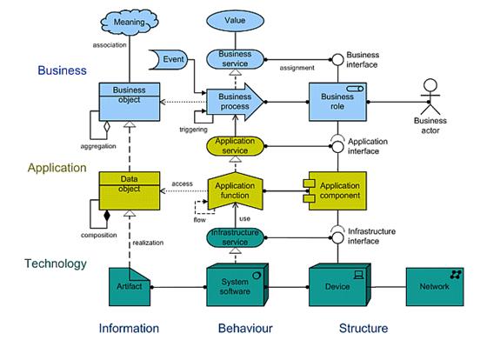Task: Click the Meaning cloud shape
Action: (130, 22)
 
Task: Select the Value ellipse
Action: (235, 20)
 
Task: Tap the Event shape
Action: (169, 59)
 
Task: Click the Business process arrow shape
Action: (235, 102)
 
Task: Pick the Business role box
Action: (337, 102)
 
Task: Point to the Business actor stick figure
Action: (430, 97)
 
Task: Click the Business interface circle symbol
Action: (337, 60)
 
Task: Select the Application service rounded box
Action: (235, 146)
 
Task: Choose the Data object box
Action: (130, 190)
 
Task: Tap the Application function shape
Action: (235, 190)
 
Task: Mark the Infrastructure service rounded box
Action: (235, 237)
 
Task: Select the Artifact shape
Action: (130, 287)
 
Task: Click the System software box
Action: (237, 284)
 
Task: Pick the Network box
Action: (435, 287)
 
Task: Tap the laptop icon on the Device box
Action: (359, 275)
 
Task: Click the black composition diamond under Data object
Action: (107, 216)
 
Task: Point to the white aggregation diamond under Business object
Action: (107, 127)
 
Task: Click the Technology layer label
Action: (56, 263)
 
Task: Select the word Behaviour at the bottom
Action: (245, 328)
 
